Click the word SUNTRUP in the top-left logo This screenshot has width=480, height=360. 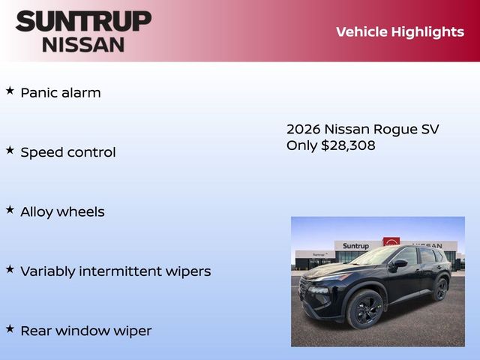(x=82, y=21)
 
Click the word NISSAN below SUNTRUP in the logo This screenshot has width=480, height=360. (x=82, y=43)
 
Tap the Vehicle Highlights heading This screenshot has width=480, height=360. (x=400, y=31)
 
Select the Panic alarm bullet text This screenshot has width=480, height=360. (x=60, y=93)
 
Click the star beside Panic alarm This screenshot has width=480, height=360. (x=10, y=91)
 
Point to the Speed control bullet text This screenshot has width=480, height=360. (x=67, y=152)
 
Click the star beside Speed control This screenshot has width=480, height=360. (x=10, y=150)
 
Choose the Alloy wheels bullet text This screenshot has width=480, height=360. (x=62, y=211)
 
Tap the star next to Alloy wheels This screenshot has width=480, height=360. (x=10, y=209)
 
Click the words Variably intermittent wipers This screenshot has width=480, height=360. (x=115, y=271)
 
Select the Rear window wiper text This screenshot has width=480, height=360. (x=85, y=330)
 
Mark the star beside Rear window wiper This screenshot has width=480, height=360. (x=10, y=328)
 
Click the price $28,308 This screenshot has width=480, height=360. (x=348, y=145)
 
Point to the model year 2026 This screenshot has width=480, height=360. (x=303, y=129)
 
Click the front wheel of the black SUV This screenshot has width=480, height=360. (x=364, y=308)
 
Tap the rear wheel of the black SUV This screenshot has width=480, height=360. (x=440, y=288)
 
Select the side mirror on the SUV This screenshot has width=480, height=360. (x=397, y=264)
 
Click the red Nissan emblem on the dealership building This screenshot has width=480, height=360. (x=391, y=242)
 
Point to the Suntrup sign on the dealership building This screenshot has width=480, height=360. (x=355, y=246)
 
